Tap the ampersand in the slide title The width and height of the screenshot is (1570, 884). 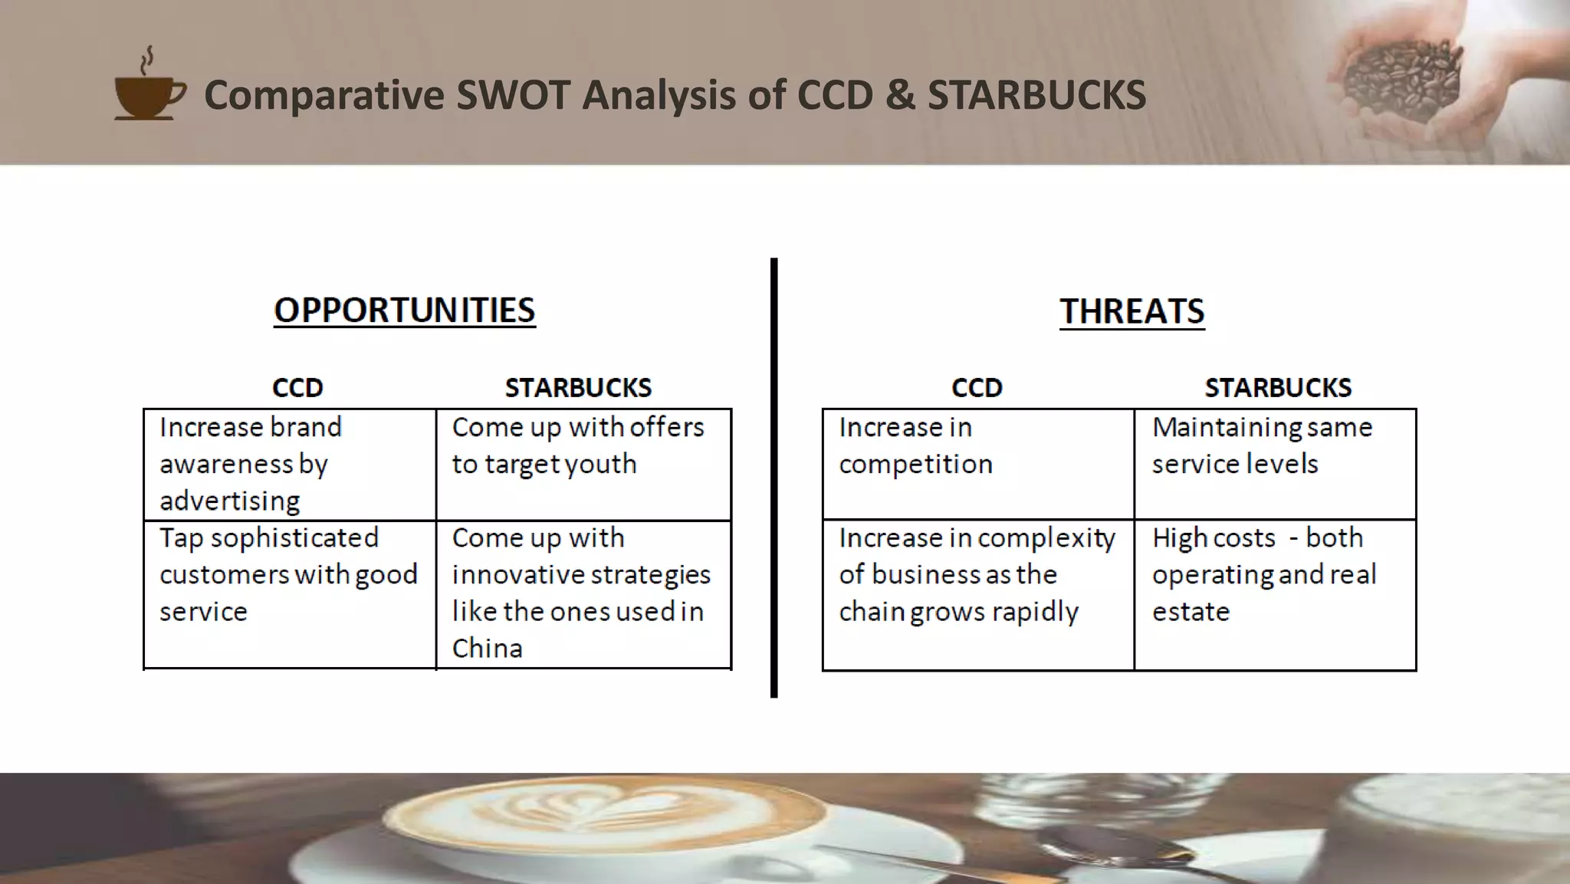tap(900, 95)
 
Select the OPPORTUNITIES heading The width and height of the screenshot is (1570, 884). tap(404, 311)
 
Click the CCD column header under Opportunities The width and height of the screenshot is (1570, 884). tap(297, 388)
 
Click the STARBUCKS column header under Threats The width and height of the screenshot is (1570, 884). tap(1277, 388)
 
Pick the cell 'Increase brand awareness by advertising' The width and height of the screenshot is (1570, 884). tap(290, 464)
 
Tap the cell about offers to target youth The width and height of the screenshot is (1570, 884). tap(583, 464)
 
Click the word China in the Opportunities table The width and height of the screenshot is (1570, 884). tap(487, 649)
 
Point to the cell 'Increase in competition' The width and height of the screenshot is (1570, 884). tap(977, 464)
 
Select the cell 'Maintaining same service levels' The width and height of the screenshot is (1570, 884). tap(1274, 464)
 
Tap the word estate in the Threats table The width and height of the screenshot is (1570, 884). tap(1191, 612)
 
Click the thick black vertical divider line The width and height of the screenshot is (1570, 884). tap(774, 475)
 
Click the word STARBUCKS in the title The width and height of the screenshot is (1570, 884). tap(1036, 95)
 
